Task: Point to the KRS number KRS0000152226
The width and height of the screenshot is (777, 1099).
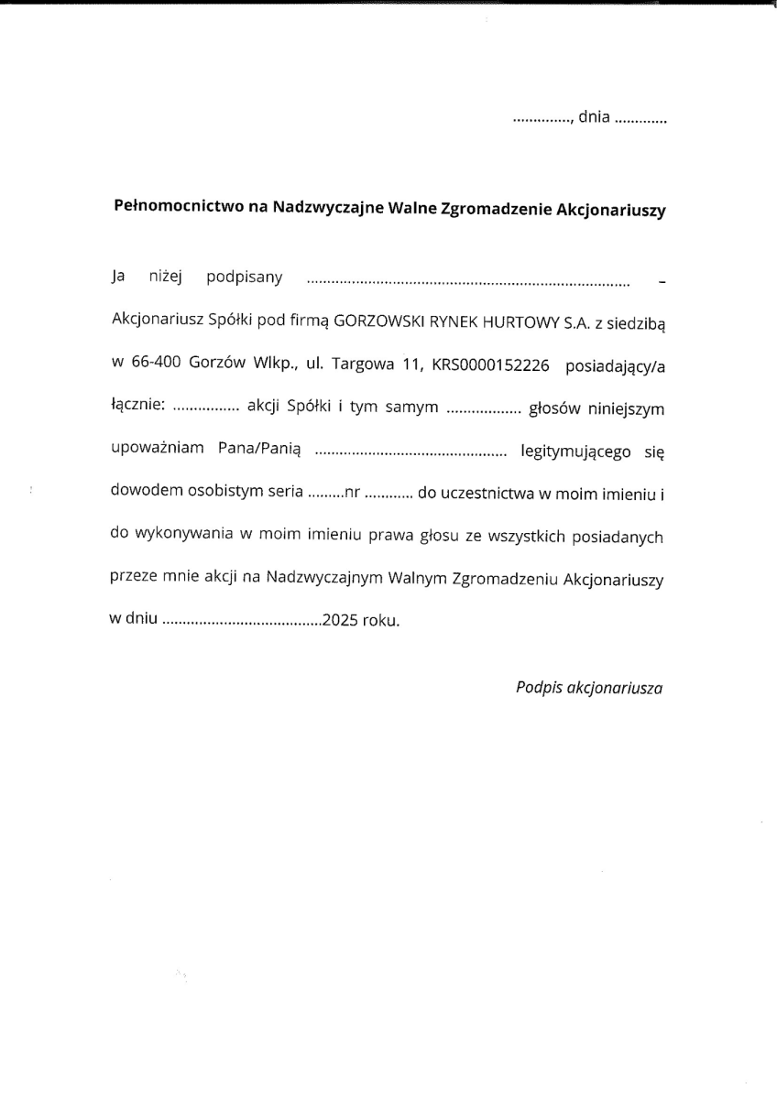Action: point(490,365)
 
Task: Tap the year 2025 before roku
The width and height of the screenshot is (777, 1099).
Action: point(340,620)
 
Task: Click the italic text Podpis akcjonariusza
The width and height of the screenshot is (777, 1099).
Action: point(589,685)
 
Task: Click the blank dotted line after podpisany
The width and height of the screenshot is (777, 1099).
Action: point(467,279)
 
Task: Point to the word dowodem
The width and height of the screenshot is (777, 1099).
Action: point(139,493)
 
